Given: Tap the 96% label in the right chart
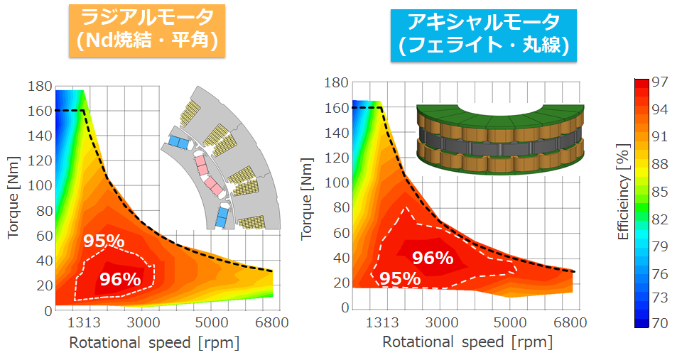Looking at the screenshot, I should click(433, 258).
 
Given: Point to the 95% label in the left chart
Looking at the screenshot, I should click(104, 241).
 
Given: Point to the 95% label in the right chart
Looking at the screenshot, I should click(399, 278).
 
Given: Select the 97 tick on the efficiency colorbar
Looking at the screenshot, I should click(660, 82).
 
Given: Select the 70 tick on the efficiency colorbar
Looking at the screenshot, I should click(660, 323).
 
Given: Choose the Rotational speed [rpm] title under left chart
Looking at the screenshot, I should click(154, 343).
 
